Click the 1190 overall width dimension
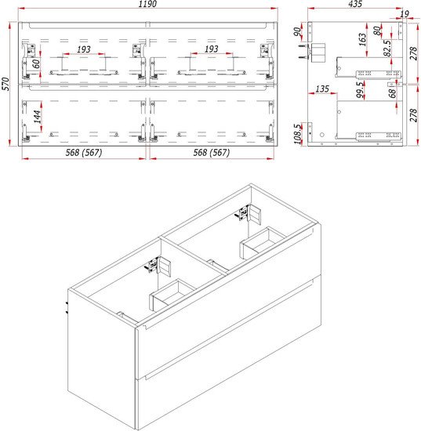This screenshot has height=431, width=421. [x=147, y=4]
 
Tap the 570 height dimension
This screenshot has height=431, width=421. [x=5, y=84]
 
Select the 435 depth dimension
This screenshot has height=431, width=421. [x=355, y=4]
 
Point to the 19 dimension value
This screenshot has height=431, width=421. [x=405, y=14]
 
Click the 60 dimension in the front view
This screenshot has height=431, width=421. [x=36, y=63]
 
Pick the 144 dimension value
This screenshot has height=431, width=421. [x=38, y=117]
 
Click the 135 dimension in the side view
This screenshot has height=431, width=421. [x=322, y=89]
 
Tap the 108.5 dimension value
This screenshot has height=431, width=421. [x=297, y=134]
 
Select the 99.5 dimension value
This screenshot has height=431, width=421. [x=360, y=89]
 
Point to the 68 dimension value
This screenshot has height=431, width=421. [x=393, y=93]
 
